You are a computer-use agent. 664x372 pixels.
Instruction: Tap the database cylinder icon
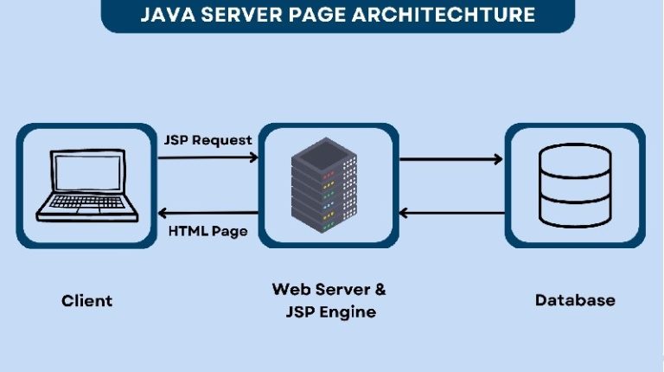(x=574, y=183)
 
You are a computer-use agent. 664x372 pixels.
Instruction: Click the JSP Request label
(x=207, y=139)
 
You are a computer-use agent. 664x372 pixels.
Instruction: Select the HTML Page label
(x=207, y=231)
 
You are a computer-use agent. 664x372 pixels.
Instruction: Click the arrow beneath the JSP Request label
(x=207, y=157)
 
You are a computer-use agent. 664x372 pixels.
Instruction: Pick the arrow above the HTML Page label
(x=207, y=213)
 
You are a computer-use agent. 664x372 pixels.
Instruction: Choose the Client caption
(x=86, y=301)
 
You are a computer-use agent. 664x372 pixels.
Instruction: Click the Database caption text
(x=575, y=300)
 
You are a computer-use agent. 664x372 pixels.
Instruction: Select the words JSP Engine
(x=329, y=311)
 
